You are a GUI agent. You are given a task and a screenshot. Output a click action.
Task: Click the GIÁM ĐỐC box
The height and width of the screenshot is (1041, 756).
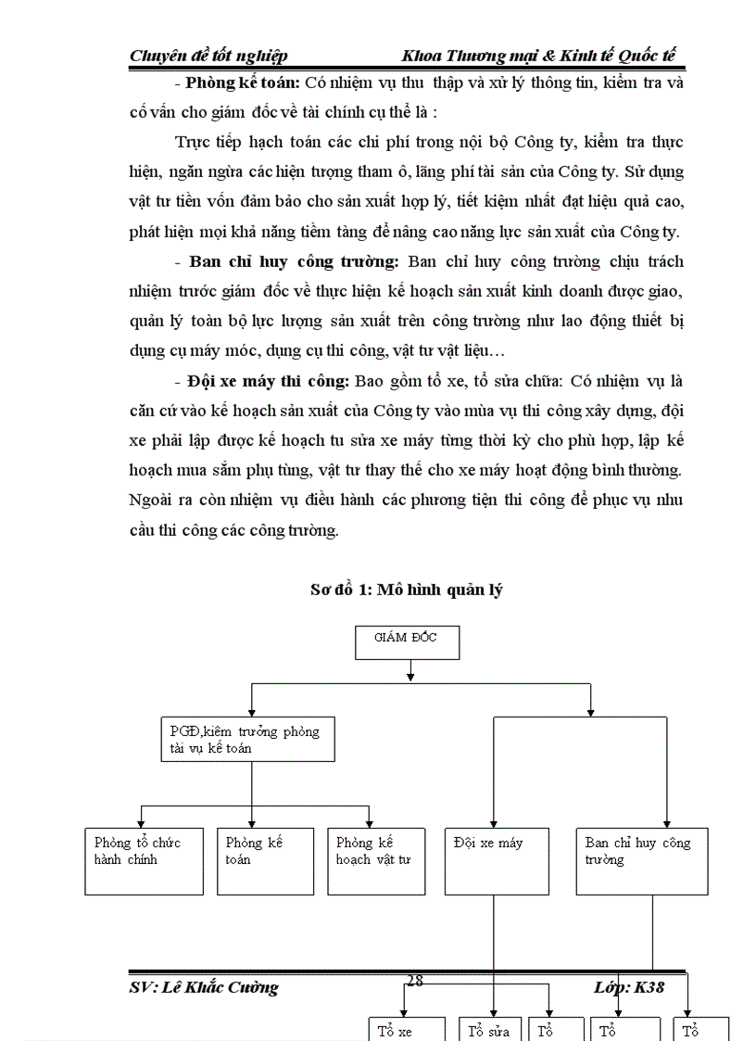click(407, 643)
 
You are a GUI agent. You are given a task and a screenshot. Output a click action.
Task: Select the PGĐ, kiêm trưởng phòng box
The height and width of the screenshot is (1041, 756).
click(247, 740)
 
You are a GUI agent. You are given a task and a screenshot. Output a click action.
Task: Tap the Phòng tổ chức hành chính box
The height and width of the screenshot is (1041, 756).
click(144, 861)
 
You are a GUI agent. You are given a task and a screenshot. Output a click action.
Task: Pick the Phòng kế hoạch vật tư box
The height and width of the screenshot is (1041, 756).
click(375, 861)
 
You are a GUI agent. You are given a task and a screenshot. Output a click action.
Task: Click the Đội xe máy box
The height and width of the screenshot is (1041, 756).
click(497, 861)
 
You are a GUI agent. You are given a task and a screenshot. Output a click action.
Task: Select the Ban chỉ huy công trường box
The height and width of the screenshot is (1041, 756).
click(641, 861)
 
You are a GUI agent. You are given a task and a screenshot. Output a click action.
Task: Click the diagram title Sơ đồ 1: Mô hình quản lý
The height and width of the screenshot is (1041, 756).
click(406, 590)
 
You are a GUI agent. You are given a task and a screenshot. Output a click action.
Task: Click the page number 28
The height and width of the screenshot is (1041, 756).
click(415, 981)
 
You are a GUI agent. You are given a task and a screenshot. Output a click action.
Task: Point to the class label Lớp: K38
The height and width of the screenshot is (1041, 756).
click(628, 987)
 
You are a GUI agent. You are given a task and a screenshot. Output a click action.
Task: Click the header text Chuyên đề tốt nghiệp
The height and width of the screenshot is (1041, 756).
click(208, 56)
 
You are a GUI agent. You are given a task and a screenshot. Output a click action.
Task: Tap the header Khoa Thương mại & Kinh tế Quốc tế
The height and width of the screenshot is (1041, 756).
click(538, 56)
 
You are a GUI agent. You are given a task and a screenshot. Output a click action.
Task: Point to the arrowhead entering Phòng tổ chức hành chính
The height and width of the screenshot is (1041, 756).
click(140, 822)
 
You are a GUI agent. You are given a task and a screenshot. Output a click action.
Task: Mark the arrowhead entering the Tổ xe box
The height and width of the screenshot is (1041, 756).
click(403, 1011)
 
